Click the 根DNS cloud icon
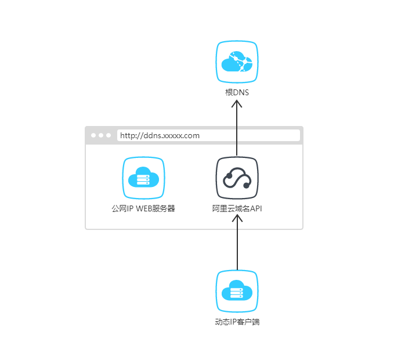(x=237, y=62)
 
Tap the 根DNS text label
(x=237, y=92)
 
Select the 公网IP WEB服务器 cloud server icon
(x=143, y=178)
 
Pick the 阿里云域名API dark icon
(x=237, y=178)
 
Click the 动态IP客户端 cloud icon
(x=237, y=291)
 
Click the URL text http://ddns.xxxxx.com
(x=160, y=136)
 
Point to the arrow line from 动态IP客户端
(x=237, y=247)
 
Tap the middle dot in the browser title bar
(x=101, y=135)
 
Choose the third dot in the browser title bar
(x=109, y=135)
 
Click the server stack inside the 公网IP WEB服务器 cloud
(x=142, y=181)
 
